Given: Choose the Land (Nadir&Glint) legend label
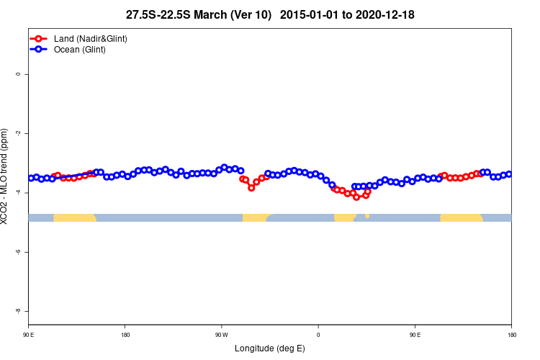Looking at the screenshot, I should point(91,38).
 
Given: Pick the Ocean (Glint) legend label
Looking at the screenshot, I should point(80,50).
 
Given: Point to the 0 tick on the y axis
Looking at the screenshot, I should point(18,74).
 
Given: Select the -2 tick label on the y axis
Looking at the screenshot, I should point(18,133).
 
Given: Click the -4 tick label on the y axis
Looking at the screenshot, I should point(18,193).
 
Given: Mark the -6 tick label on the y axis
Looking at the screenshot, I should point(18,252).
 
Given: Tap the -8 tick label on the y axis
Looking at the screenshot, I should point(18,311).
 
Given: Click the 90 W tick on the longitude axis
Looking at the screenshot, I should point(221,334).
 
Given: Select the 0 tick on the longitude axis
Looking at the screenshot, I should point(318,334).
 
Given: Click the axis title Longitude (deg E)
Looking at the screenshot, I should point(270,348).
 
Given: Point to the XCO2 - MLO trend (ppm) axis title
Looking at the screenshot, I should point(6,176).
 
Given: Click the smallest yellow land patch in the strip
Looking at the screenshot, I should point(367,215).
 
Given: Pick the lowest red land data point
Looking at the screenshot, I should point(356,197).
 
